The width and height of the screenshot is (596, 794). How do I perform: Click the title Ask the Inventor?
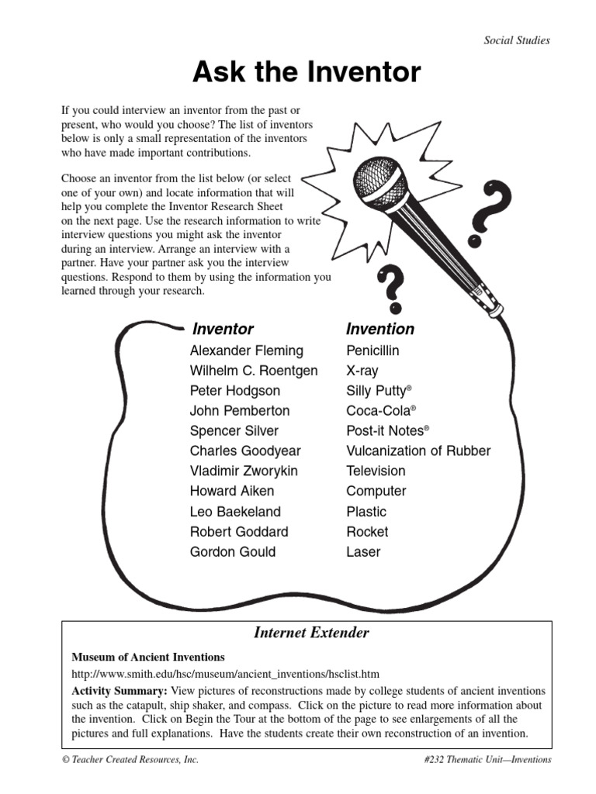pos(307,73)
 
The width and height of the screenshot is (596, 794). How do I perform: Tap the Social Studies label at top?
pos(516,40)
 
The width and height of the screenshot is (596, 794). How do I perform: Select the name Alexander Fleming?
pos(247,350)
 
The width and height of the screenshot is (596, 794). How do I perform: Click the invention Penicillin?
pos(372,350)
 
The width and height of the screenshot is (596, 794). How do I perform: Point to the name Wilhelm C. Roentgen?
pos(254,371)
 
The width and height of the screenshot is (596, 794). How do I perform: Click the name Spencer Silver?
pos(234,431)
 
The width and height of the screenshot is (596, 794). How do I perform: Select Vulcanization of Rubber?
pos(418,451)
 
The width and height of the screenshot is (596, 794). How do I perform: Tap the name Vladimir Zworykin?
pos(244,471)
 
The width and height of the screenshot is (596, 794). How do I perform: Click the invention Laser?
pos(363,552)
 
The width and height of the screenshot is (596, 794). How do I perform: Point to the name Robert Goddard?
pos(239,532)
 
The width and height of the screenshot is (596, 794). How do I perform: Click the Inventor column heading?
pos(223,330)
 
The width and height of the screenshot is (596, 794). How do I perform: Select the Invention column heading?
pos(380,330)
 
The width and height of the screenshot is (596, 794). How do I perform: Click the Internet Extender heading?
pos(311,633)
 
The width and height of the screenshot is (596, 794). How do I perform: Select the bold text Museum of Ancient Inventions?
pos(148,657)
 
